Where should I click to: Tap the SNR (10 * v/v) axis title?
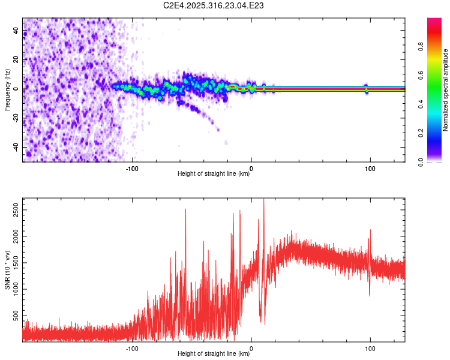pos(7,269)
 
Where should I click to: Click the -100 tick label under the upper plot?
pos(132,167)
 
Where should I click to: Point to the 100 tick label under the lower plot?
pos(370,347)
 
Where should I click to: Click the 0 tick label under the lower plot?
pos(251,347)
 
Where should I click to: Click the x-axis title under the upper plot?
pos(214,174)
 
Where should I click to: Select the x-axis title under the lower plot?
pos(214,354)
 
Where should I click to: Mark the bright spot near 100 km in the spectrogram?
pos(366,88)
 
